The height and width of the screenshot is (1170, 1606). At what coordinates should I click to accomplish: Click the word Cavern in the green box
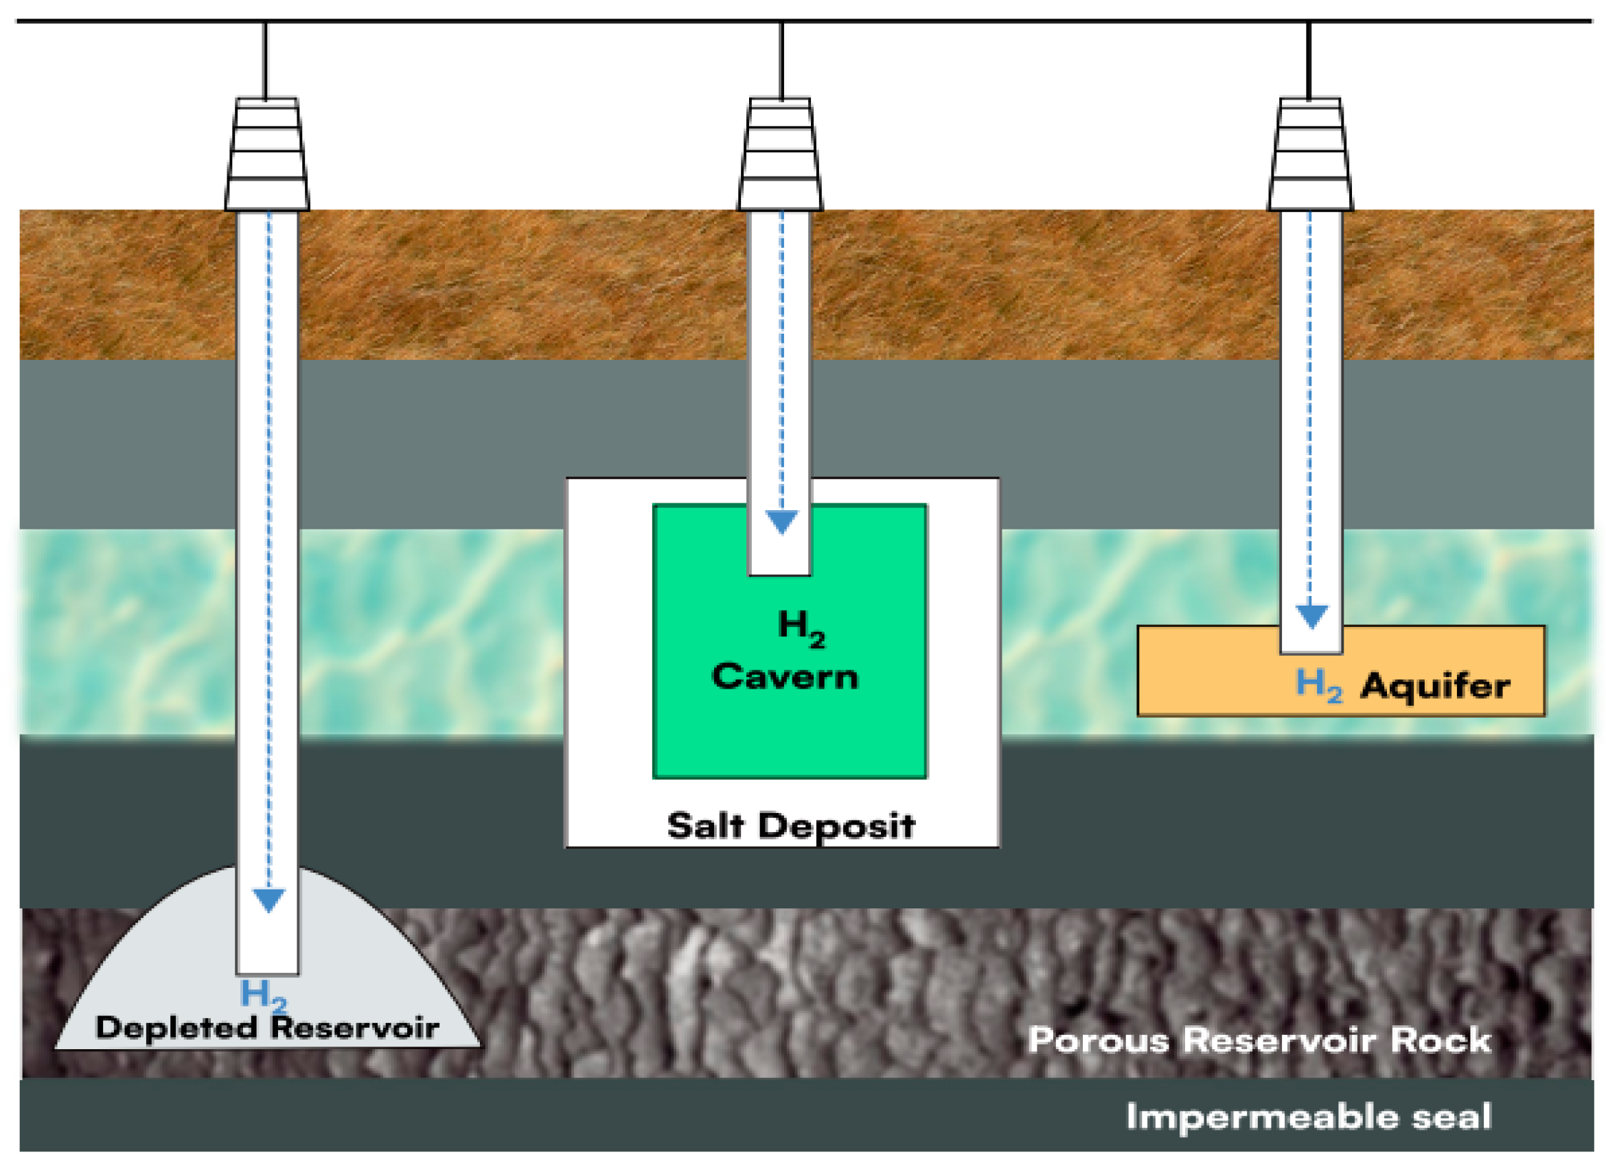[785, 677]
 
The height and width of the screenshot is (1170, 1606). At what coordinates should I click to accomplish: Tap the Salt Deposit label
[791, 827]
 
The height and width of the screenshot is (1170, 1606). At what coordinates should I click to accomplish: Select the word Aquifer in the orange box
[1435, 685]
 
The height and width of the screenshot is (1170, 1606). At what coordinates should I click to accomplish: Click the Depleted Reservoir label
[267, 1028]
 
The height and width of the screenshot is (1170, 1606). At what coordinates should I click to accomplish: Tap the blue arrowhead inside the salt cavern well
[782, 522]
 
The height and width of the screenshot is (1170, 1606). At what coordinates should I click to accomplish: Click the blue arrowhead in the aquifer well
[1311, 616]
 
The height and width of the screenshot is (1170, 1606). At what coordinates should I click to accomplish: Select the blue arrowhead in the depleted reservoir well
[268, 900]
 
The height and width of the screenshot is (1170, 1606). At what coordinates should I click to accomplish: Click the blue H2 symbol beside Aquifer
[1318, 685]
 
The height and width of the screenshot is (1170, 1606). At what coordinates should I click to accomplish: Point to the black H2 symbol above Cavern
[801, 628]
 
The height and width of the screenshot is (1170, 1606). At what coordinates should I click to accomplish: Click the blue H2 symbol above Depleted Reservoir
[263, 995]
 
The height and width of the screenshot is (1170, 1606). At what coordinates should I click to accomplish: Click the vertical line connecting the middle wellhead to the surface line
[781, 60]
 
